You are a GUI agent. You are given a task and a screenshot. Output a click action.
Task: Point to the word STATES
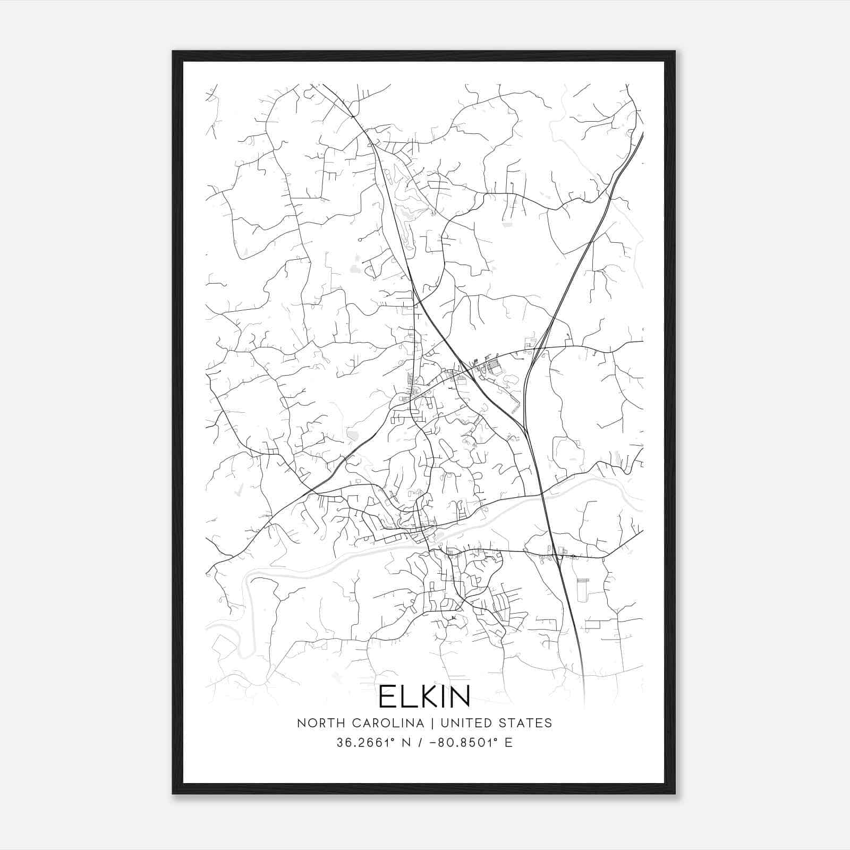pyautogui.click(x=524, y=724)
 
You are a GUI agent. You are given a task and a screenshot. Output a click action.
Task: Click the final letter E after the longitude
pyautogui.click(x=509, y=743)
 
